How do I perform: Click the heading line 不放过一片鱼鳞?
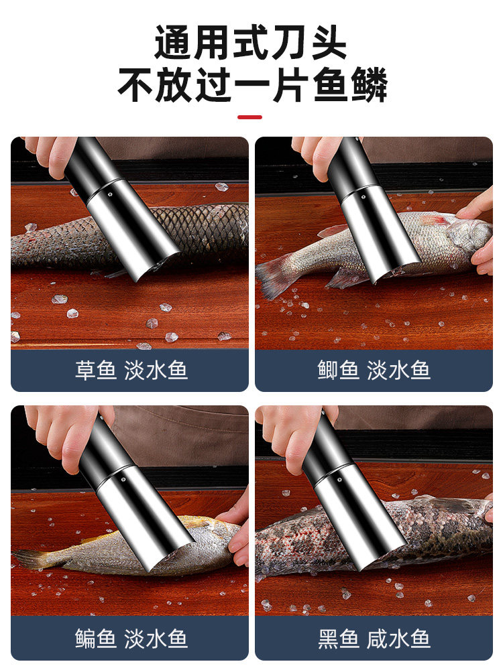coord(251,86)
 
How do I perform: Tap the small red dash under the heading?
coord(250,117)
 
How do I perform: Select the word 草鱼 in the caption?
coord(95,371)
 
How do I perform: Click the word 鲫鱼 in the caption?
coord(338,371)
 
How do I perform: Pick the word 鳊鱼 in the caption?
coord(95,639)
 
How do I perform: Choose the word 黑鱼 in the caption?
coord(338,639)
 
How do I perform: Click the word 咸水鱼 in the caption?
coord(398,639)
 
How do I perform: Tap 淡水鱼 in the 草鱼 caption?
coord(156,371)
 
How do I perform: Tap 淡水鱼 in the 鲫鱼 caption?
coord(398,371)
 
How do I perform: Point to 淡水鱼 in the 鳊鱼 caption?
coord(156,639)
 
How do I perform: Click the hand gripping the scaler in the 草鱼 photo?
coord(50,153)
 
